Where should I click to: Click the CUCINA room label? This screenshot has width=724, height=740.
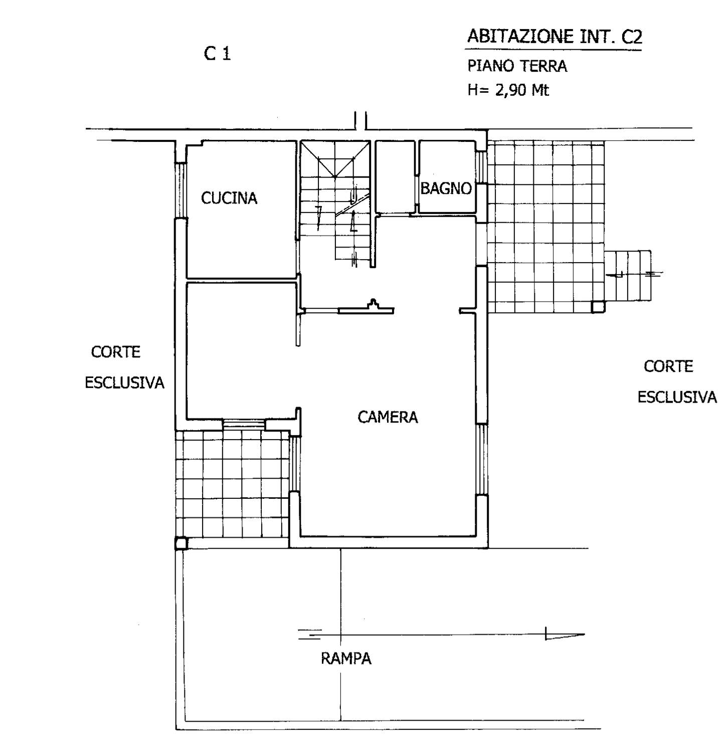pos(229,198)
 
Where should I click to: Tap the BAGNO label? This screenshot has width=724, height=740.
pos(446,188)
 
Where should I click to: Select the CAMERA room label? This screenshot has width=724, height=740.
pos(388,417)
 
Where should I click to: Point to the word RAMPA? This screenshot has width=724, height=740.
pos(346,658)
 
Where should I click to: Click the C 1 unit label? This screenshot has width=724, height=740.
pos(217,54)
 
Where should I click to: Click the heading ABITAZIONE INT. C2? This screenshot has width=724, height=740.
pos(555,37)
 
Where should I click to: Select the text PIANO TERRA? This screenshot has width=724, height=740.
pos(517,66)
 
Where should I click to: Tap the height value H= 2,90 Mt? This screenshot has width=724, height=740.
pos(508,90)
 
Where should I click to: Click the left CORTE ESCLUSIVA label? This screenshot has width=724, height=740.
pos(124,367)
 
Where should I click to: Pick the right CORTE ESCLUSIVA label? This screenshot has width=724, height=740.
pos(677,382)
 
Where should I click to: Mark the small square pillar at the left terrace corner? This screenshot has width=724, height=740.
pos(181,543)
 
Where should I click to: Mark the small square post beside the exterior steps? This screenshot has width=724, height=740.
pos(598,307)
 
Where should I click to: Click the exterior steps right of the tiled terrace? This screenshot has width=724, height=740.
pos(627,275)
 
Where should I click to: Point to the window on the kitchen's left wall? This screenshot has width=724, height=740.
pos(180,190)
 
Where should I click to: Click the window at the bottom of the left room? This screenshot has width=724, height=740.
pos(244,424)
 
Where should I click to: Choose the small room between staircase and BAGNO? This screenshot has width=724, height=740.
pos(395,177)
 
